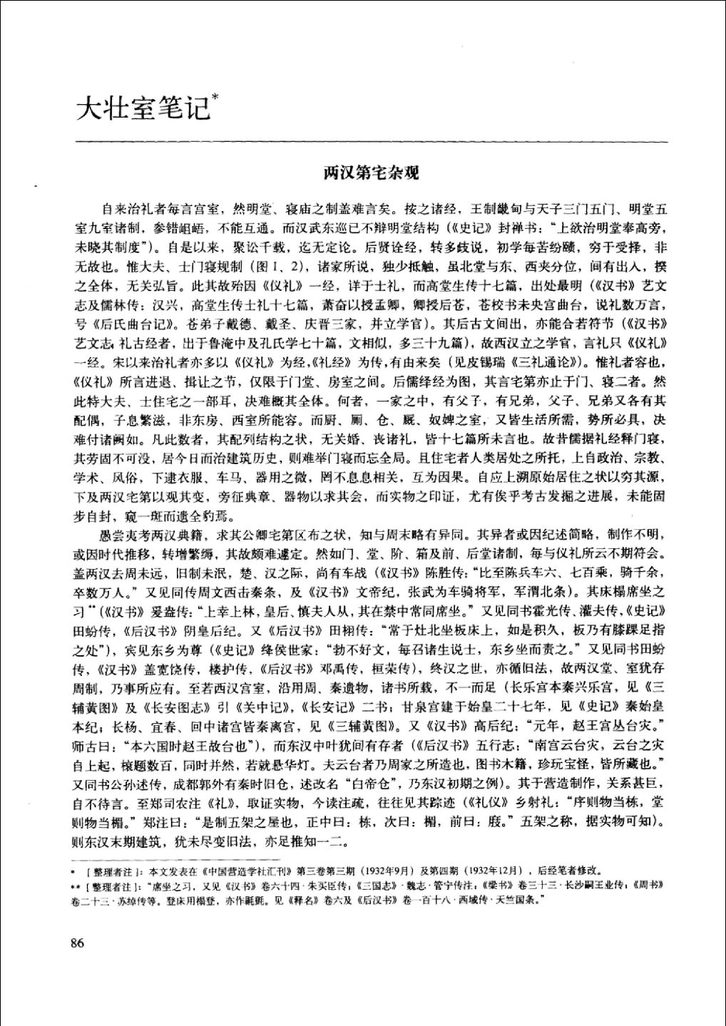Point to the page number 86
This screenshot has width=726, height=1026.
78,943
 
